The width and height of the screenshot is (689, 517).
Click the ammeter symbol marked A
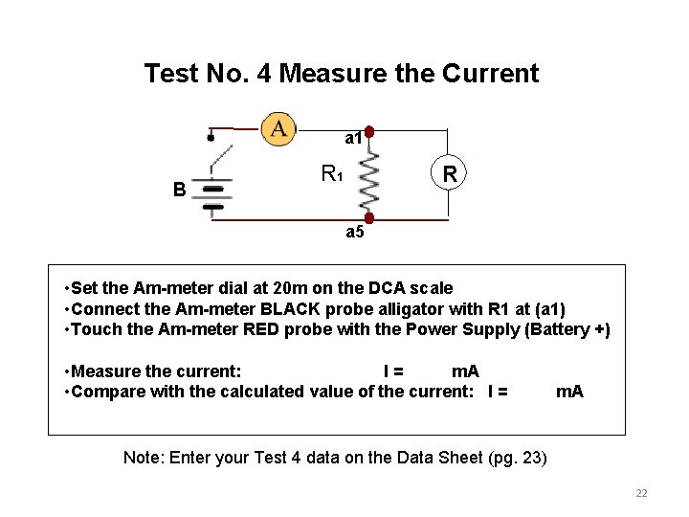tap(279, 128)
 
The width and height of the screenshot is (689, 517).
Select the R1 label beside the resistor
tap(331, 174)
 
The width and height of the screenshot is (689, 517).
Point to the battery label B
tap(179, 190)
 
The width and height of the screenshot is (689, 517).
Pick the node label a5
tap(355, 233)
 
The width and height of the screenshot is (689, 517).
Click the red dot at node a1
tap(369, 132)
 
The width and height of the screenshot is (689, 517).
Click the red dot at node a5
tap(369, 219)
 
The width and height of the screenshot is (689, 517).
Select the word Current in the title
tap(492, 74)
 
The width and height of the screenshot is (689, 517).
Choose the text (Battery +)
tap(565, 330)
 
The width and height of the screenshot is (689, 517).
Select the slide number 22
tap(641, 493)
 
